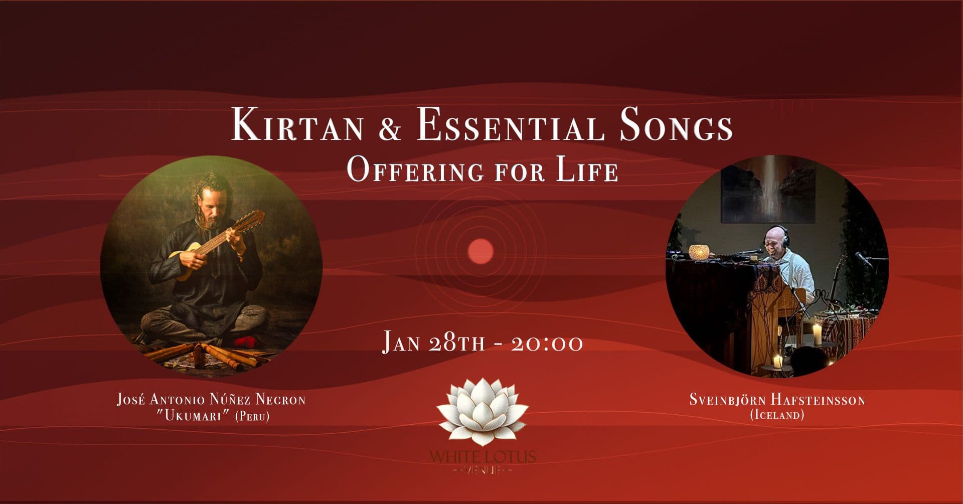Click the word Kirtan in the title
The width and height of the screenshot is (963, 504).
pos(297,125)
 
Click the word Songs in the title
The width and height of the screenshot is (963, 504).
pos(676,126)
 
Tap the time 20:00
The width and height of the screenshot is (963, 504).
pos(547,344)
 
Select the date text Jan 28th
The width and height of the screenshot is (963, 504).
pos(433,343)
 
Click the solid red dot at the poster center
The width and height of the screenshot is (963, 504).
pos(480,251)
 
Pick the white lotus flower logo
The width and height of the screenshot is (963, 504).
pos(483,412)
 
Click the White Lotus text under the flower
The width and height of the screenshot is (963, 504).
pos(483,457)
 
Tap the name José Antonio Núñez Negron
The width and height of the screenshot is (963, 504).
pos(211,400)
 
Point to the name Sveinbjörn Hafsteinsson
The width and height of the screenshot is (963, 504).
pos(777,400)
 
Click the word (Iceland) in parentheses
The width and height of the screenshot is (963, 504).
pos(777,415)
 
